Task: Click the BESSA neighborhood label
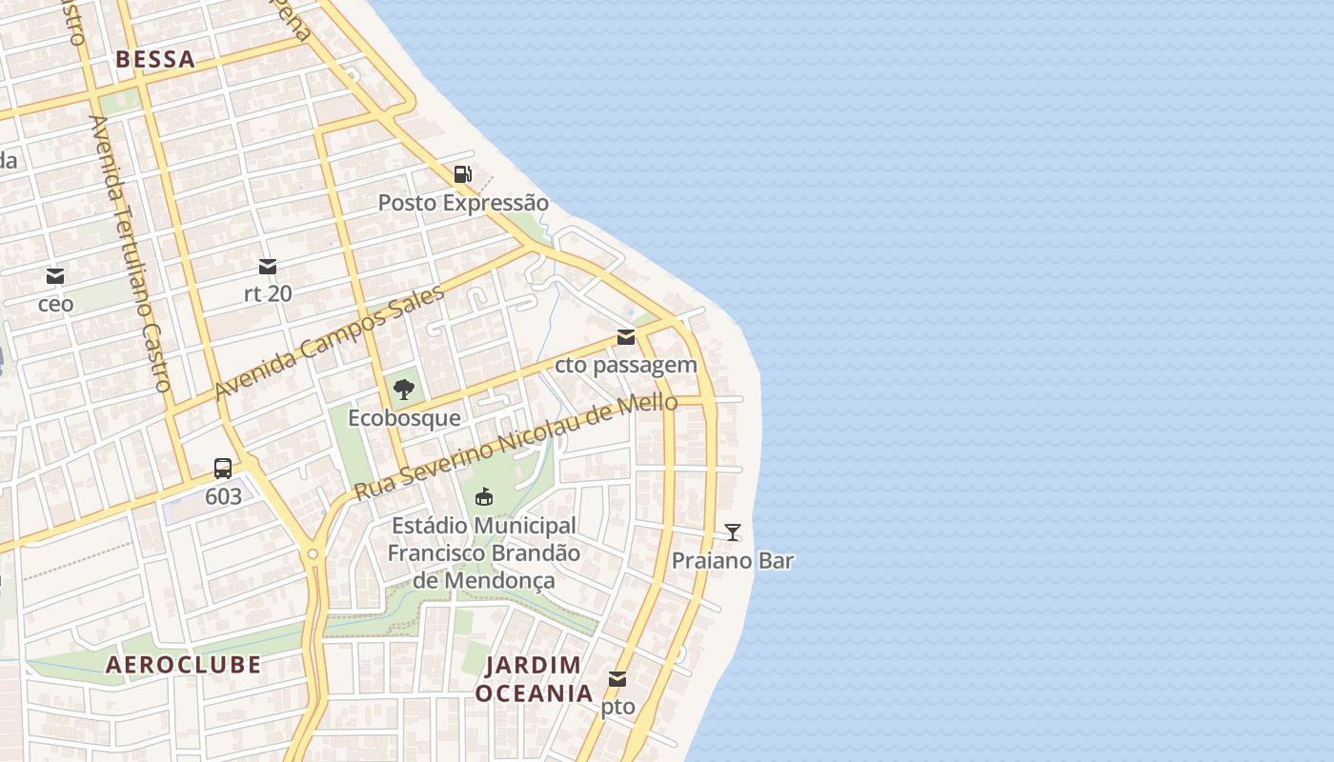pyautogui.click(x=155, y=59)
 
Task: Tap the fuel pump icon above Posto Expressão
pyautogui.click(x=462, y=174)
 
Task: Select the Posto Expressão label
pyautogui.click(x=463, y=203)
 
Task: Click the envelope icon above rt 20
pyautogui.click(x=268, y=267)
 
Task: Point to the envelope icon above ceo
pyautogui.click(x=55, y=277)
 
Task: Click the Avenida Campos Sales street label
pyautogui.click(x=330, y=343)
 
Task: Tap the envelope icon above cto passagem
pyautogui.click(x=626, y=337)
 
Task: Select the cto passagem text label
pyautogui.click(x=626, y=365)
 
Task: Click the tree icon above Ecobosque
pyautogui.click(x=403, y=389)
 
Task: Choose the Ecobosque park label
pyautogui.click(x=404, y=418)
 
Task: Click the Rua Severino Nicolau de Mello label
pyautogui.click(x=515, y=447)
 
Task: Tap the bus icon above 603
pyautogui.click(x=223, y=469)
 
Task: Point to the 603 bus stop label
pyautogui.click(x=223, y=496)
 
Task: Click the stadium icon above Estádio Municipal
pyautogui.click(x=484, y=496)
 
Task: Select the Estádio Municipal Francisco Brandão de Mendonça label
pyautogui.click(x=483, y=552)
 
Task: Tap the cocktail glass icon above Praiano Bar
pyautogui.click(x=733, y=532)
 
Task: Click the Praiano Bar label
pyautogui.click(x=733, y=561)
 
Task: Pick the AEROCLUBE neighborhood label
pyautogui.click(x=183, y=665)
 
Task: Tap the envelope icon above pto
pyautogui.click(x=617, y=680)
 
